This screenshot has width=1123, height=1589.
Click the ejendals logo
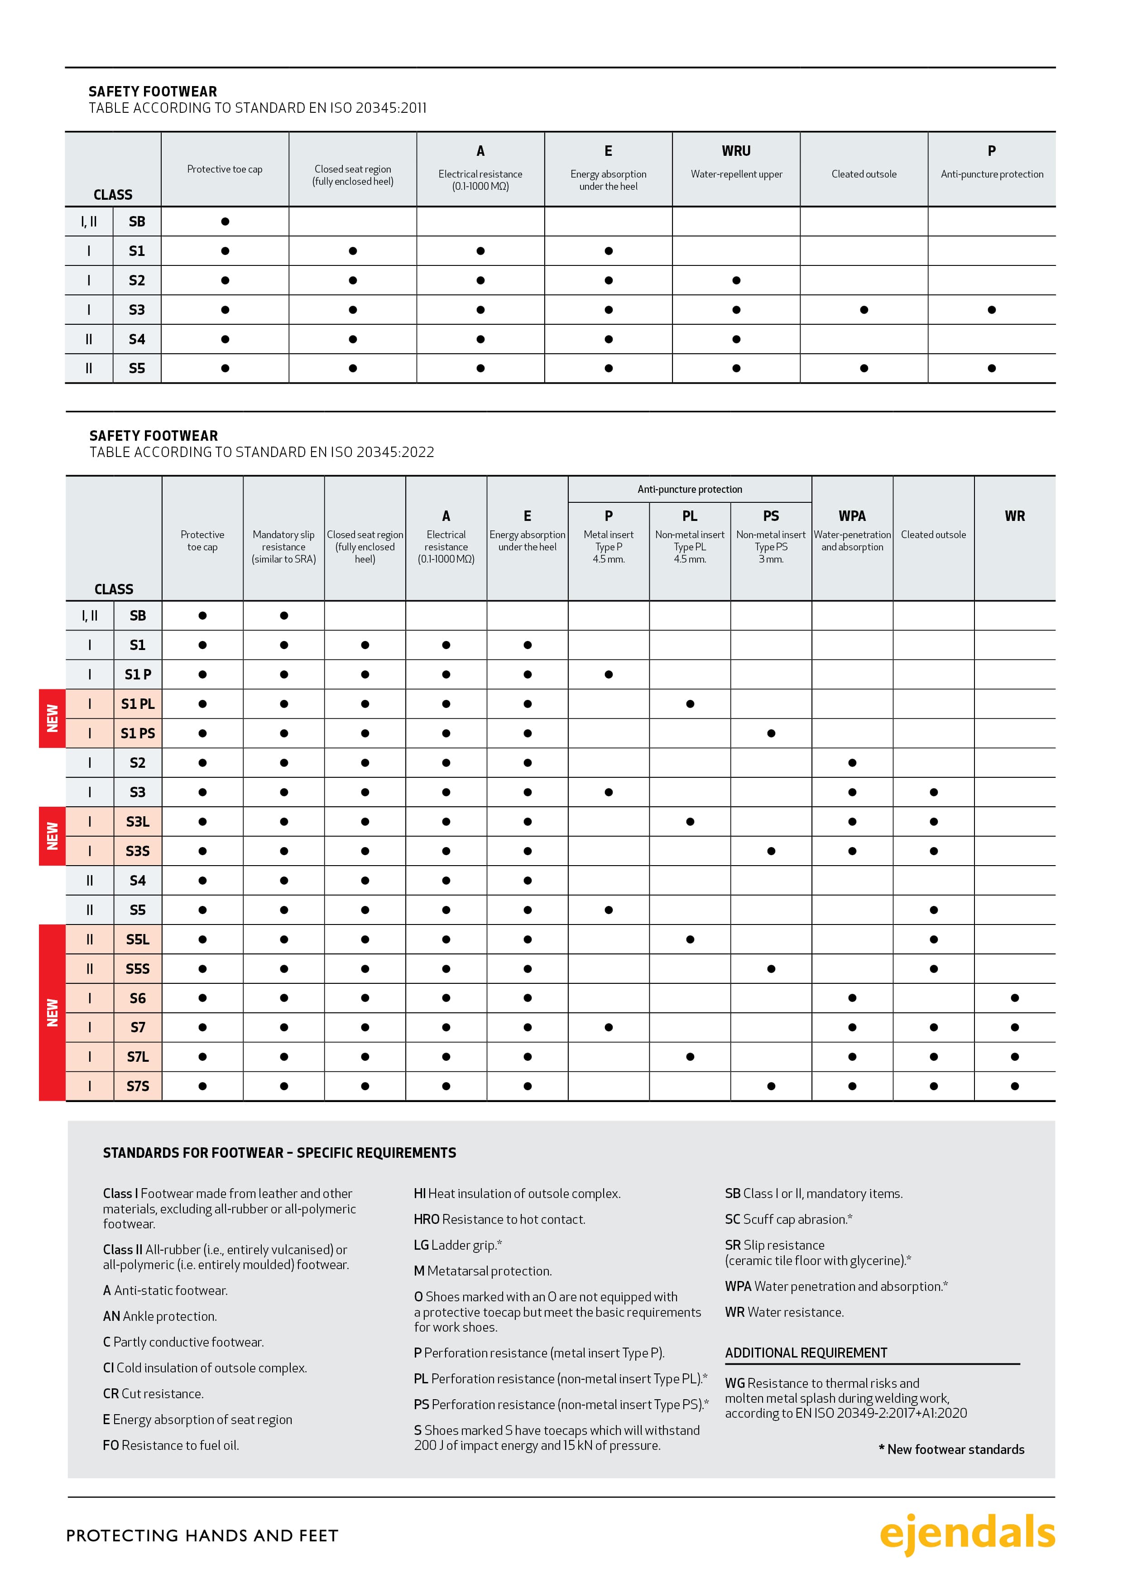pyautogui.click(x=967, y=1534)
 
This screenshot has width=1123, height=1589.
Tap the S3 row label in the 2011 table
pyautogui.click(x=137, y=310)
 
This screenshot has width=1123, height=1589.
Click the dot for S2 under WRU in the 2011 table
pyautogui.click(x=736, y=280)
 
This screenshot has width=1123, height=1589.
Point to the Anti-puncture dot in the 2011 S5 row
pyautogui.click(x=992, y=368)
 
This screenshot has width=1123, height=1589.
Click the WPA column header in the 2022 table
pyautogui.click(x=852, y=516)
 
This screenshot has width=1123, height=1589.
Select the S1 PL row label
pyautogui.click(x=138, y=704)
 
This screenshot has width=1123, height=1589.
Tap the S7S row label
pyautogui.click(x=138, y=1086)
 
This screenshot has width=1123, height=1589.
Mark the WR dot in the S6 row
pyautogui.click(x=1014, y=998)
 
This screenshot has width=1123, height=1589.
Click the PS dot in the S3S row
pyautogui.click(x=771, y=851)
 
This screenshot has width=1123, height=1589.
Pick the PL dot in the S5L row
pyautogui.click(x=690, y=939)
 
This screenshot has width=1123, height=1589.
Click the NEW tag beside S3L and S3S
pyautogui.click(x=53, y=836)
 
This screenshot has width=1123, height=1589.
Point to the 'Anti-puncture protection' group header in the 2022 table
pyautogui.click(x=689, y=489)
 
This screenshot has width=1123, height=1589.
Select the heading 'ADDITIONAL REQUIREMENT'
pyautogui.click(x=806, y=1353)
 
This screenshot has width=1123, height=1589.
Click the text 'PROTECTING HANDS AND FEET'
pyautogui.click(x=202, y=1536)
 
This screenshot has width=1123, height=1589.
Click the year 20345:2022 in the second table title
pyautogui.click(x=394, y=453)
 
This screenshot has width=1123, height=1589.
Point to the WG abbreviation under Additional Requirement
pyautogui.click(x=734, y=1383)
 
